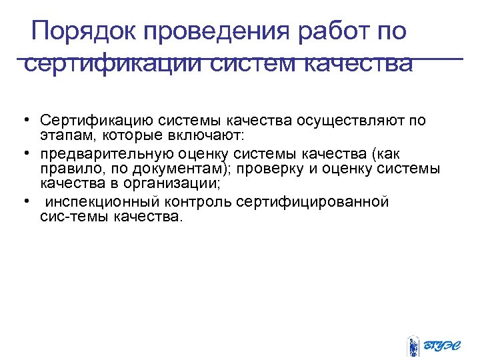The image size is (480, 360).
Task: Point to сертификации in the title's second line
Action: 113,65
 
